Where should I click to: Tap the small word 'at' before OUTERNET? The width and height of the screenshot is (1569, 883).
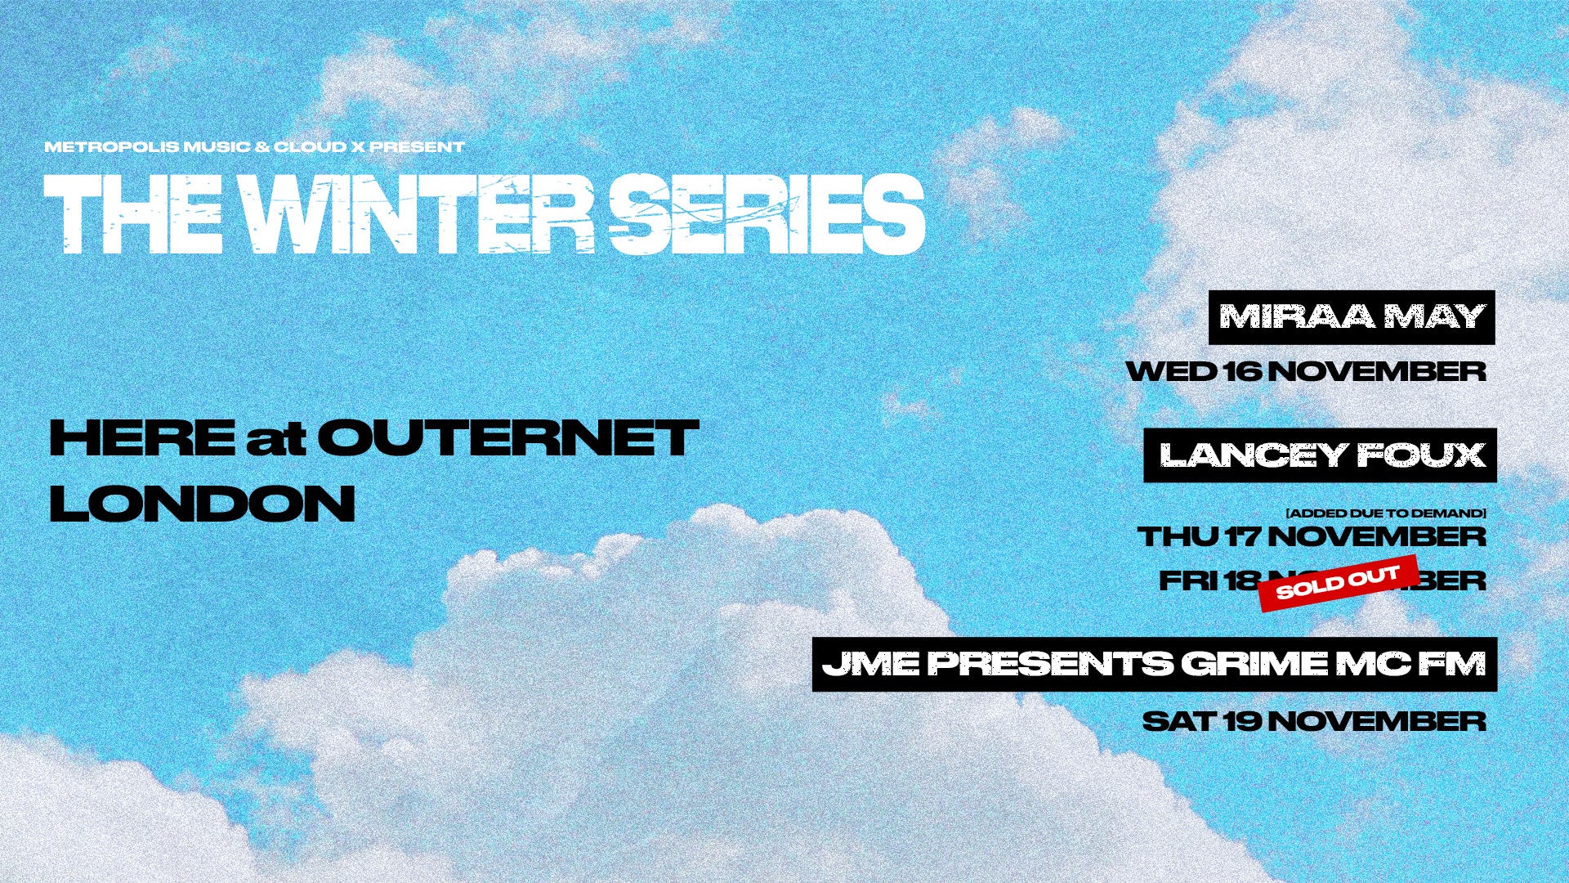[275, 440]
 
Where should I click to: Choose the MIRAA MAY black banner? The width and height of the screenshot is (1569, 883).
[1352, 317]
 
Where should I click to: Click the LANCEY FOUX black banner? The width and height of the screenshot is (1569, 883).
[1321, 455]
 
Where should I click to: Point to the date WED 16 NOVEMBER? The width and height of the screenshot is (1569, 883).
[1306, 371]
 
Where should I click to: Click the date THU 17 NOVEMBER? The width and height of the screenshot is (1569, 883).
[1312, 536]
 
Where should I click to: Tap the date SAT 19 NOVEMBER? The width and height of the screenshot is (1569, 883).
[1314, 721]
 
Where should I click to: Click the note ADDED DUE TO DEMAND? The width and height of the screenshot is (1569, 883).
[1386, 513]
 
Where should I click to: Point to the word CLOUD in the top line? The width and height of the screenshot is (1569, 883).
[310, 147]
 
